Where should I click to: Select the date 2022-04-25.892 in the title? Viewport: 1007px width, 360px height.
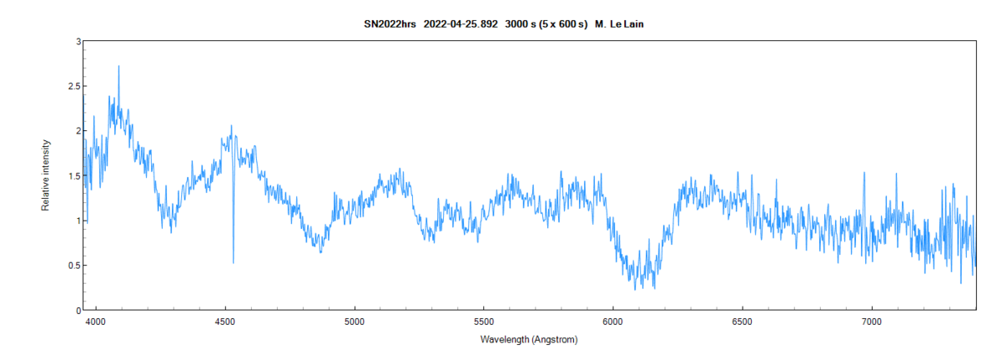pos(460,24)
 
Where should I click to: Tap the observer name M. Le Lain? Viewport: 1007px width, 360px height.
pos(619,24)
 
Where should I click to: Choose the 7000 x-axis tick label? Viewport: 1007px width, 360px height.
pos(871,321)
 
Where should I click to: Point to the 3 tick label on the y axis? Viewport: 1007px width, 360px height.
pos(78,41)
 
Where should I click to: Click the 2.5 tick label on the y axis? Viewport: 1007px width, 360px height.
pos(75,86)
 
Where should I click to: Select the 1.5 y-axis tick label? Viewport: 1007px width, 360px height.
pos(75,176)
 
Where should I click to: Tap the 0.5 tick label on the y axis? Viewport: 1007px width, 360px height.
pos(75,266)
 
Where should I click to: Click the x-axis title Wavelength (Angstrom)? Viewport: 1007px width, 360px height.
pos(529,340)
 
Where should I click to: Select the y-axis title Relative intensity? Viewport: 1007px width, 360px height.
pos(46,176)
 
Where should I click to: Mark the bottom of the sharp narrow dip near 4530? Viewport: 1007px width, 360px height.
pos(233,263)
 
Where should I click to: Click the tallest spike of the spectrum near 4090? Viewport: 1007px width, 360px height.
pos(118,66)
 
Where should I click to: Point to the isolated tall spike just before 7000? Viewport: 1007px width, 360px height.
pos(864,174)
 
